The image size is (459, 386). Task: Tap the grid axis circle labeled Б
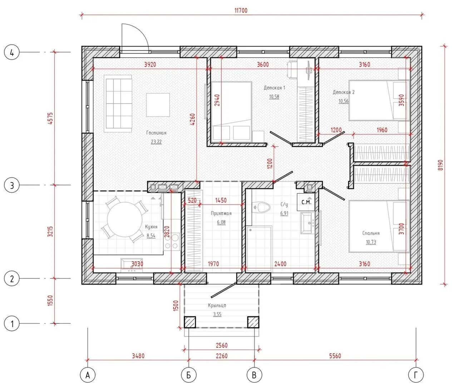[x=189, y=375]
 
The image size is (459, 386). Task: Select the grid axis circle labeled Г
[x=416, y=375]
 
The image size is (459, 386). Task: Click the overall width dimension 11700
[x=241, y=11]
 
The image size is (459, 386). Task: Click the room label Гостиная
[x=156, y=133]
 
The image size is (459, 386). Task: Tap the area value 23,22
[x=156, y=142]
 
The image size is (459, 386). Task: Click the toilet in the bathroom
[x=262, y=207]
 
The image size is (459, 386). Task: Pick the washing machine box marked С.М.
[x=306, y=202]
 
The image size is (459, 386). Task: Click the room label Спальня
[x=371, y=233]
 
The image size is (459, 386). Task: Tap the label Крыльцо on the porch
[x=217, y=305]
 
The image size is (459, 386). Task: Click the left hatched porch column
[x=190, y=322]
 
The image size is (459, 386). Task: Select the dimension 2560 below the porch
[x=222, y=346]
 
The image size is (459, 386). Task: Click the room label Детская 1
[x=274, y=88]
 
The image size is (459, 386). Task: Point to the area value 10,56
[x=344, y=101]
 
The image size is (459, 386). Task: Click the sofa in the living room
[x=118, y=104]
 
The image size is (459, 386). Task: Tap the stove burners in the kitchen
[x=172, y=241]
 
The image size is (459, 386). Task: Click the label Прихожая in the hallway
[x=221, y=213]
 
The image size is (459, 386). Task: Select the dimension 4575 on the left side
[x=50, y=119]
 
